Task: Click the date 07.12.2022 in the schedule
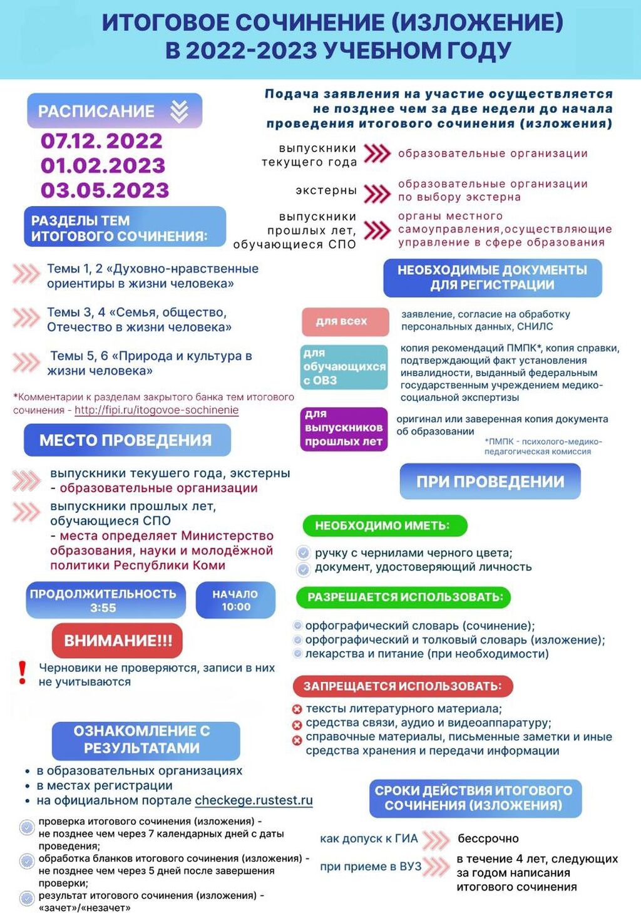[101, 141]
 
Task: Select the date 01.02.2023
[103, 165]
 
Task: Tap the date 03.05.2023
[105, 190]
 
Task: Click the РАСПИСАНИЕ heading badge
[114, 111]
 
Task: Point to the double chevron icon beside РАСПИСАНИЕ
[180, 111]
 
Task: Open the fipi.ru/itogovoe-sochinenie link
[156, 410]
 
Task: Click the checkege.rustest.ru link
[254, 800]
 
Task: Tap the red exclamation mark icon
[23, 673]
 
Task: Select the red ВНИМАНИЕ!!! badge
[118, 641]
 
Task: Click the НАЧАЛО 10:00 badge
[235, 600]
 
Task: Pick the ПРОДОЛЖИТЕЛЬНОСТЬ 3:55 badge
[104, 600]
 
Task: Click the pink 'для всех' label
[342, 321]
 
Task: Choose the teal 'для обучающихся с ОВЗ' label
[344, 366]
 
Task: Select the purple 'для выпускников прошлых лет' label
[344, 428]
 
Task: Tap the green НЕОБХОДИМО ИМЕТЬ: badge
[384, 525]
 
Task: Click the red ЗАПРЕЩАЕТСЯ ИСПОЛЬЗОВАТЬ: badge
[403, 686]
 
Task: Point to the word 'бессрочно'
[488, 838]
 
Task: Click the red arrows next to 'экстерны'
[377, 193]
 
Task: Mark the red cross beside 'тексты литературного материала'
[297, 709]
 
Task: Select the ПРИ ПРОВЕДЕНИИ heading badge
[490, 482]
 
